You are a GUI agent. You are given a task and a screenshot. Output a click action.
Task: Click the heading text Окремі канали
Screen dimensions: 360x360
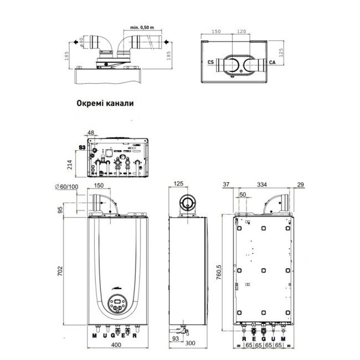click(105, 102)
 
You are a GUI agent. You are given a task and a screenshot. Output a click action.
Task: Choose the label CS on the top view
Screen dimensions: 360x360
click(210, 63)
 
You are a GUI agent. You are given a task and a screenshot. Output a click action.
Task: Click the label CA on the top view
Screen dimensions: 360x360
click(272, 63)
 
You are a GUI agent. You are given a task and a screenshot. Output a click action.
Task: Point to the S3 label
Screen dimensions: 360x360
click(82, 148)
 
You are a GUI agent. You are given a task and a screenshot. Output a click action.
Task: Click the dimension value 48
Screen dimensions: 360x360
click(91, 133)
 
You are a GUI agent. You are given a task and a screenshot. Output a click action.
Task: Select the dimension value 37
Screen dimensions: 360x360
click(225, 184)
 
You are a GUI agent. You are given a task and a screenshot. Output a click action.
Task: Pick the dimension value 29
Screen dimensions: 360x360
click(300, 184)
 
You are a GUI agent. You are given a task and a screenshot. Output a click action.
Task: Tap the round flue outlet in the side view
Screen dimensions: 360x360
click(188, 203)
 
